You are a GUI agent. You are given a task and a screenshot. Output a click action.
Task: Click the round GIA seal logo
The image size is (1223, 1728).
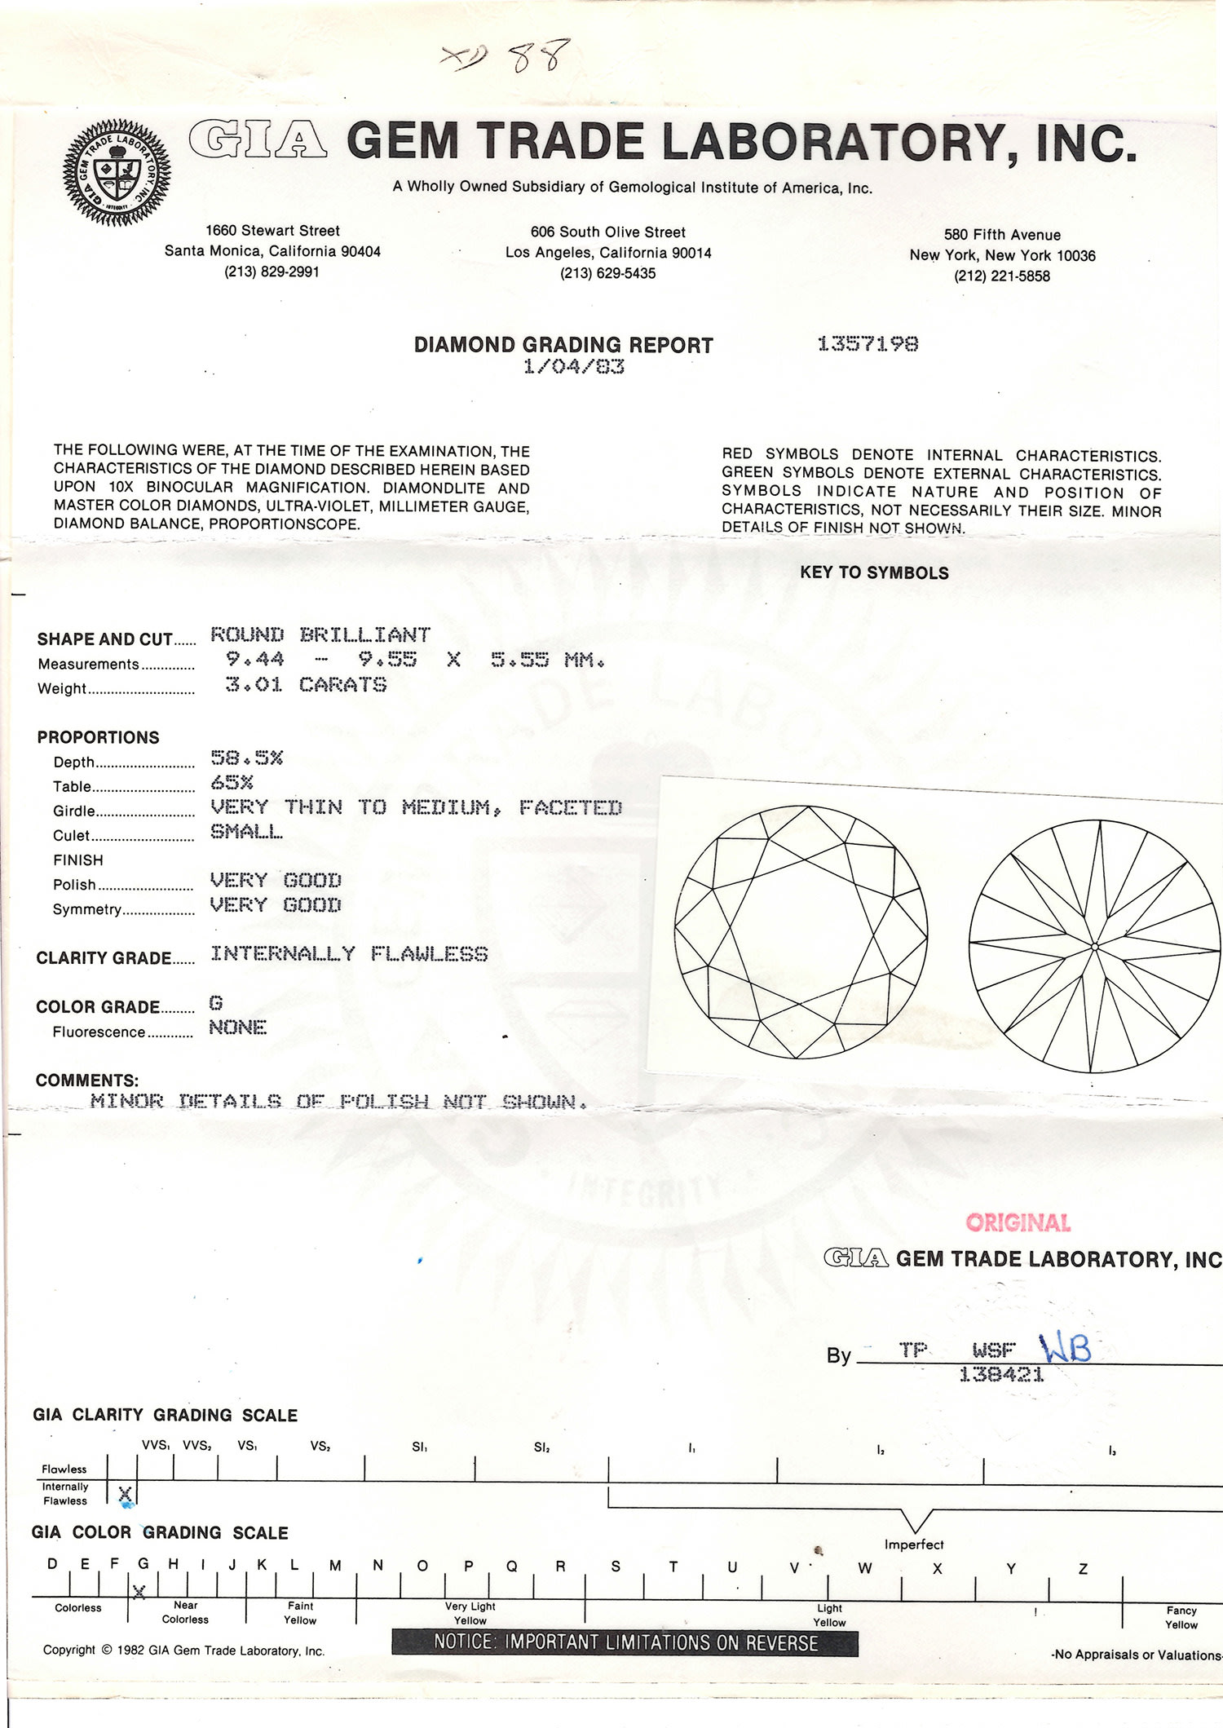pyautogui.click(x=117, y=172)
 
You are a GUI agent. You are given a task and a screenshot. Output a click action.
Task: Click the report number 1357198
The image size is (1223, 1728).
pyautogui.click(x=868, y=344)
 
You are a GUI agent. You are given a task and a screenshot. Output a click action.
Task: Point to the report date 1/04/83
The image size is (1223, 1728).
pyautogui.click(x=573, y=367)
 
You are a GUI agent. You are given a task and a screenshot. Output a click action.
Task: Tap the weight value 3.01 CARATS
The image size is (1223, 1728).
pyautogui.click(x=306, y=684)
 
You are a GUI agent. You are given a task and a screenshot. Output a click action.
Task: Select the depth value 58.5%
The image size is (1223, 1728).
pyautogui.click(x=246, y=758)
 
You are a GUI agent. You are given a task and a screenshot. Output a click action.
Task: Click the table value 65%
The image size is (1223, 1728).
pyautogui.click(x=232, y=782)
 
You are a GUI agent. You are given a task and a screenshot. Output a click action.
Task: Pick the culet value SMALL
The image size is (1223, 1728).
pyautogui.click(x=246, y=832)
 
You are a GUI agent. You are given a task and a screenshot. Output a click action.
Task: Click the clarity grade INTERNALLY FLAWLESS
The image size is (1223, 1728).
pyautogui.click(x=349, y=954)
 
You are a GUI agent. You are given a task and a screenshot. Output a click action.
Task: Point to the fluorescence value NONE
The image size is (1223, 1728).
pyautogui.click(x=237, y=1028)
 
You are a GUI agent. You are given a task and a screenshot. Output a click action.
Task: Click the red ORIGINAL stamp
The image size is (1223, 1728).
pyautogui.click(x=1018, y=1222)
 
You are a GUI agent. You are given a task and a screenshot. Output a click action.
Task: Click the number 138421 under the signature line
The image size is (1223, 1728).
pyautogui.click(x=1001, y=1375)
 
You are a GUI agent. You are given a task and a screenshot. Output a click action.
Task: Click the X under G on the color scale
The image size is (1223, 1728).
pyautogui.click(x=139, y=1591)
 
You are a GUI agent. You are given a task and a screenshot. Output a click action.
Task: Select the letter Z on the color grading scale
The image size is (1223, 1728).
pyautogui.click(x=1083, y=1568)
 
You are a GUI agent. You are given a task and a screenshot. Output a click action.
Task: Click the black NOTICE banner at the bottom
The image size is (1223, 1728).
pyautogui.click(x=625, y=1642)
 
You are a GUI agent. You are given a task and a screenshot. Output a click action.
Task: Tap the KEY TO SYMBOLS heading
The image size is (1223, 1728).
pyautogui.click(x=874, y=572)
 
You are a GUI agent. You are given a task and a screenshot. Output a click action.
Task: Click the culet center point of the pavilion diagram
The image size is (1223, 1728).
pyautogui.click(x=1094, y=947)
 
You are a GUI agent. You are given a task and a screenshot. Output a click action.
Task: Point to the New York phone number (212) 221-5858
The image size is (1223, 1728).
pyautogui.click(x=1002, y=276)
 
